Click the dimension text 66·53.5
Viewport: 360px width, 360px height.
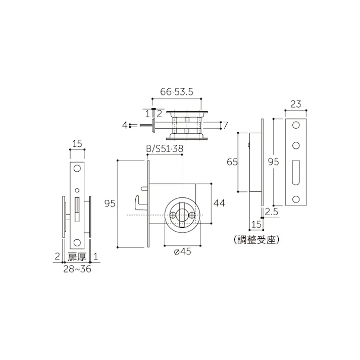click(177, 92)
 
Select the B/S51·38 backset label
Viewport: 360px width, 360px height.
click(165, 149)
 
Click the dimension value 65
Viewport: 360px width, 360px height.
click(232, 162)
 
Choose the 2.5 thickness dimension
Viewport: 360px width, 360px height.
click(272, 213)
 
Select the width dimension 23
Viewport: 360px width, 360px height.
click(296, 105)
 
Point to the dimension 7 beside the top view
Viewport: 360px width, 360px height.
click(226, 125)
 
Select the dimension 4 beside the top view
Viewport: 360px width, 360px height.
click(124, 125)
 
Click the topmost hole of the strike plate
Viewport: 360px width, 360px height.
click(296, 125)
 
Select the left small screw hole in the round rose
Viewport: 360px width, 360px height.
click(173, 216)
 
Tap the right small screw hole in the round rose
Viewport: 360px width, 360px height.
click(191, 216)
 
